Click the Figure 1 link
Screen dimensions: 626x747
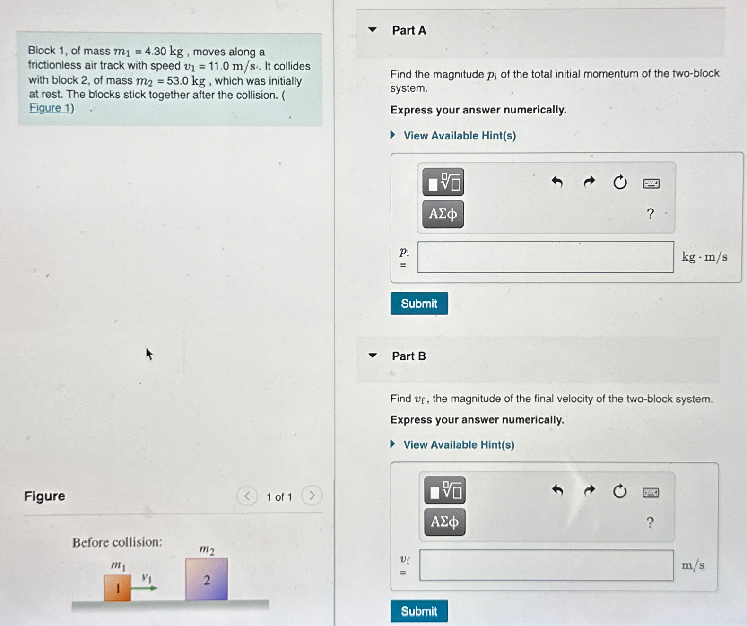coord(51,108)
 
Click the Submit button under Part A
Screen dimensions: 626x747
coord(419,304)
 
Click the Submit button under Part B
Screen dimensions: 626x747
coord(419,611)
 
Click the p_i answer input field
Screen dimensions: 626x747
coord(546,257)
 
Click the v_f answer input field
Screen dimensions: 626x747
coord(546,565)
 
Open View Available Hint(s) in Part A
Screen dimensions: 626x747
coord(459,136)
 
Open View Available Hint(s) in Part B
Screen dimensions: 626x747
coord(458,445)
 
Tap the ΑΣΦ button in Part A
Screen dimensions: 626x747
coord(443,214)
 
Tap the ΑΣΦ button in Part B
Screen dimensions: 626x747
coord(444,522)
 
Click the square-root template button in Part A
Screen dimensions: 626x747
coord(443,182)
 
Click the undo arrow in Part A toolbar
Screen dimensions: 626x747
coord(557,182)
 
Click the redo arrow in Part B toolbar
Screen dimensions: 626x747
coord(589,491)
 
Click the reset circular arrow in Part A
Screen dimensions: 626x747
coord(620,182)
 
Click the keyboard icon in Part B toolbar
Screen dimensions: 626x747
coord(651,493)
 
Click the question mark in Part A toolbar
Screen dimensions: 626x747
coord(651,214)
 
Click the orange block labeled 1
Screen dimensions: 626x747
coord(117,588)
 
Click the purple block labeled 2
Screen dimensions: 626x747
coord(207,580)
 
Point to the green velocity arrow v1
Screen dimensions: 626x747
coord(144,588)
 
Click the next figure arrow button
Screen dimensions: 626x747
coord(312,496)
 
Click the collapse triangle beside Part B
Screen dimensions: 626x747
coord(373,356)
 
